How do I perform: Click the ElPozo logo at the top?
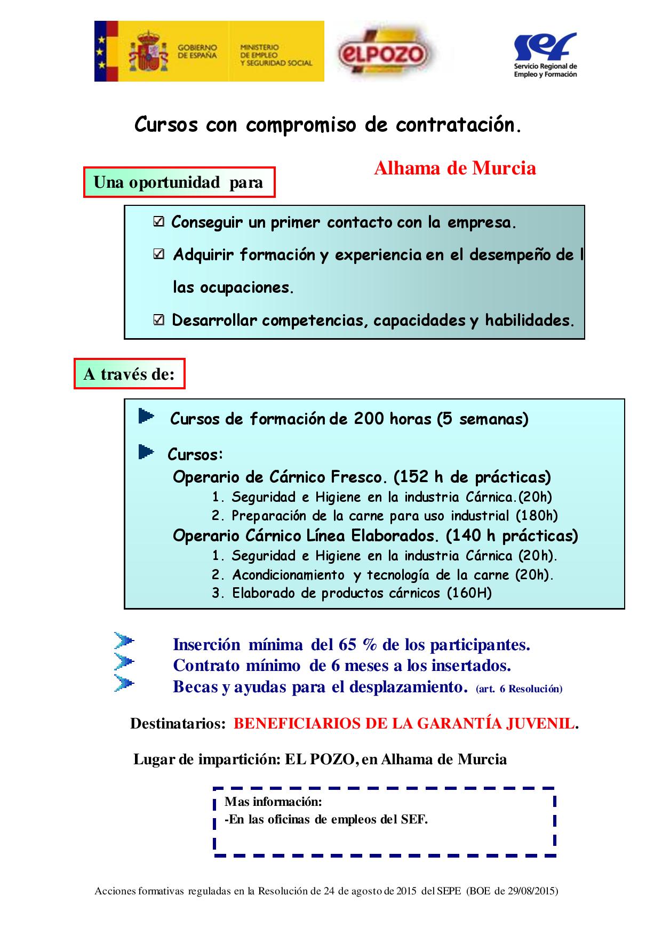[383, 53]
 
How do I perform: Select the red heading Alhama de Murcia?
[454, 168]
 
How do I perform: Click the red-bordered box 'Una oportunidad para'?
[179, 182]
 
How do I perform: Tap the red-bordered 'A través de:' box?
[129, 374]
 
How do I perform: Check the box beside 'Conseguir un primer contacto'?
[158, 222]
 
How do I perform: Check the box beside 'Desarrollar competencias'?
[158, 320]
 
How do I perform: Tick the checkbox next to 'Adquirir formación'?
[158, 254]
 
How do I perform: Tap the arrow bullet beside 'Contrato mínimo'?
[124, 662]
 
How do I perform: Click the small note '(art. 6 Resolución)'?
[519, 689]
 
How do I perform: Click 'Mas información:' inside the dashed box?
[273, 802]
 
